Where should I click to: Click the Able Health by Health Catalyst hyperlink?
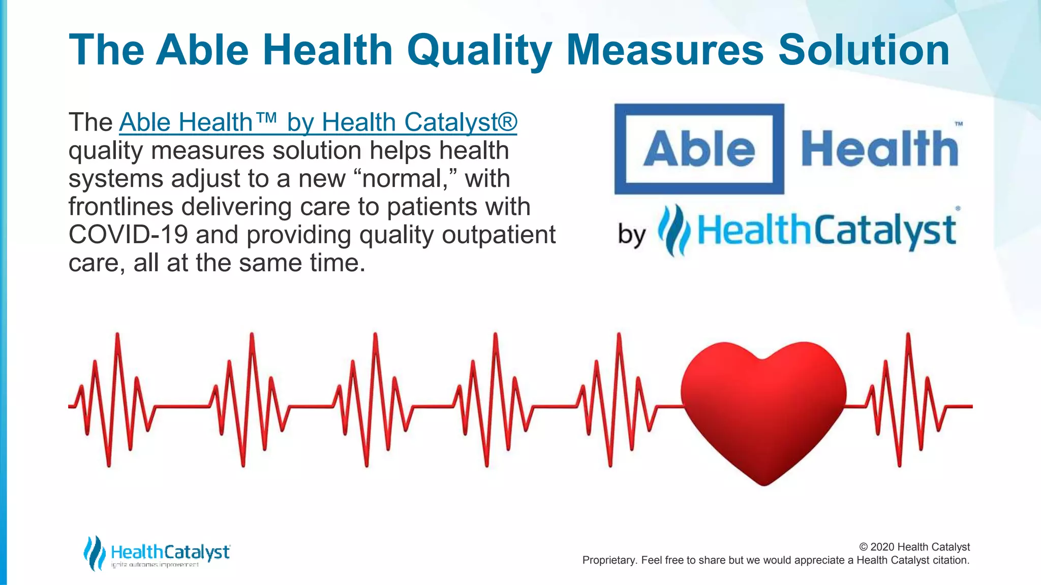318,122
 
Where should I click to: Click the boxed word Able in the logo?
699,149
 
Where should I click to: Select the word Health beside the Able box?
879,148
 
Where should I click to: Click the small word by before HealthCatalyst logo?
632,235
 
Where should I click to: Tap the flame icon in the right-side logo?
674,231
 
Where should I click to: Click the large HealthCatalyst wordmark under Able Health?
826,231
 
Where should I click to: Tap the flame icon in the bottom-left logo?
94,553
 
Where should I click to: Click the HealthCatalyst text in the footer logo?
170,551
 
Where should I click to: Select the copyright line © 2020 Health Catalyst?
914,547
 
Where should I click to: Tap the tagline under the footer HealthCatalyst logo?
155,565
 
